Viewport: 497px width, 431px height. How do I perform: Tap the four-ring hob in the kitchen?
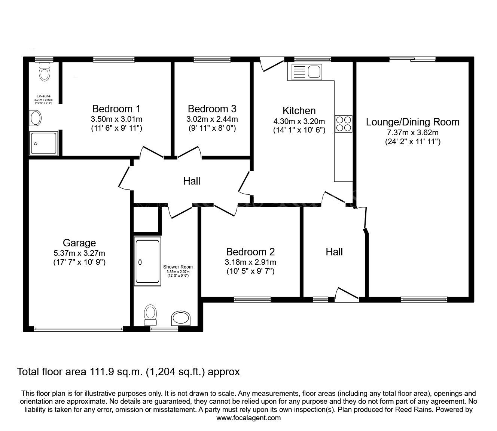coord(344,124)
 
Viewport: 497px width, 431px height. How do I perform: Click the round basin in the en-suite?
coord(36,118)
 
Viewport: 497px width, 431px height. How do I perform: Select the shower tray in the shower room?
coord(147,261)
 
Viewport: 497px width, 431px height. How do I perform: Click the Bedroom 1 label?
coord(116,109)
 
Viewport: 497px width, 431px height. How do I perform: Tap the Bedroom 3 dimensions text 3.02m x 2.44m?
coord(212,119)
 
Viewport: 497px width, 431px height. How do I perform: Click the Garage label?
coord(79,243)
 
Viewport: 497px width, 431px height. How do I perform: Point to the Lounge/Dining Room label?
coord(412,122)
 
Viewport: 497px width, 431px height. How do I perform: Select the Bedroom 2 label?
coord(250,252)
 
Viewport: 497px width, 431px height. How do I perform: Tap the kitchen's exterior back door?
coord(269,64)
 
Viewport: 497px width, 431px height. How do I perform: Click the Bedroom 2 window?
coord(252,299)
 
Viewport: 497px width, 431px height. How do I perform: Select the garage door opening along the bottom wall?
coord(79,329)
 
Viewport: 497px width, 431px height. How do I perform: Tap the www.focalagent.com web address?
coord(248,418)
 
